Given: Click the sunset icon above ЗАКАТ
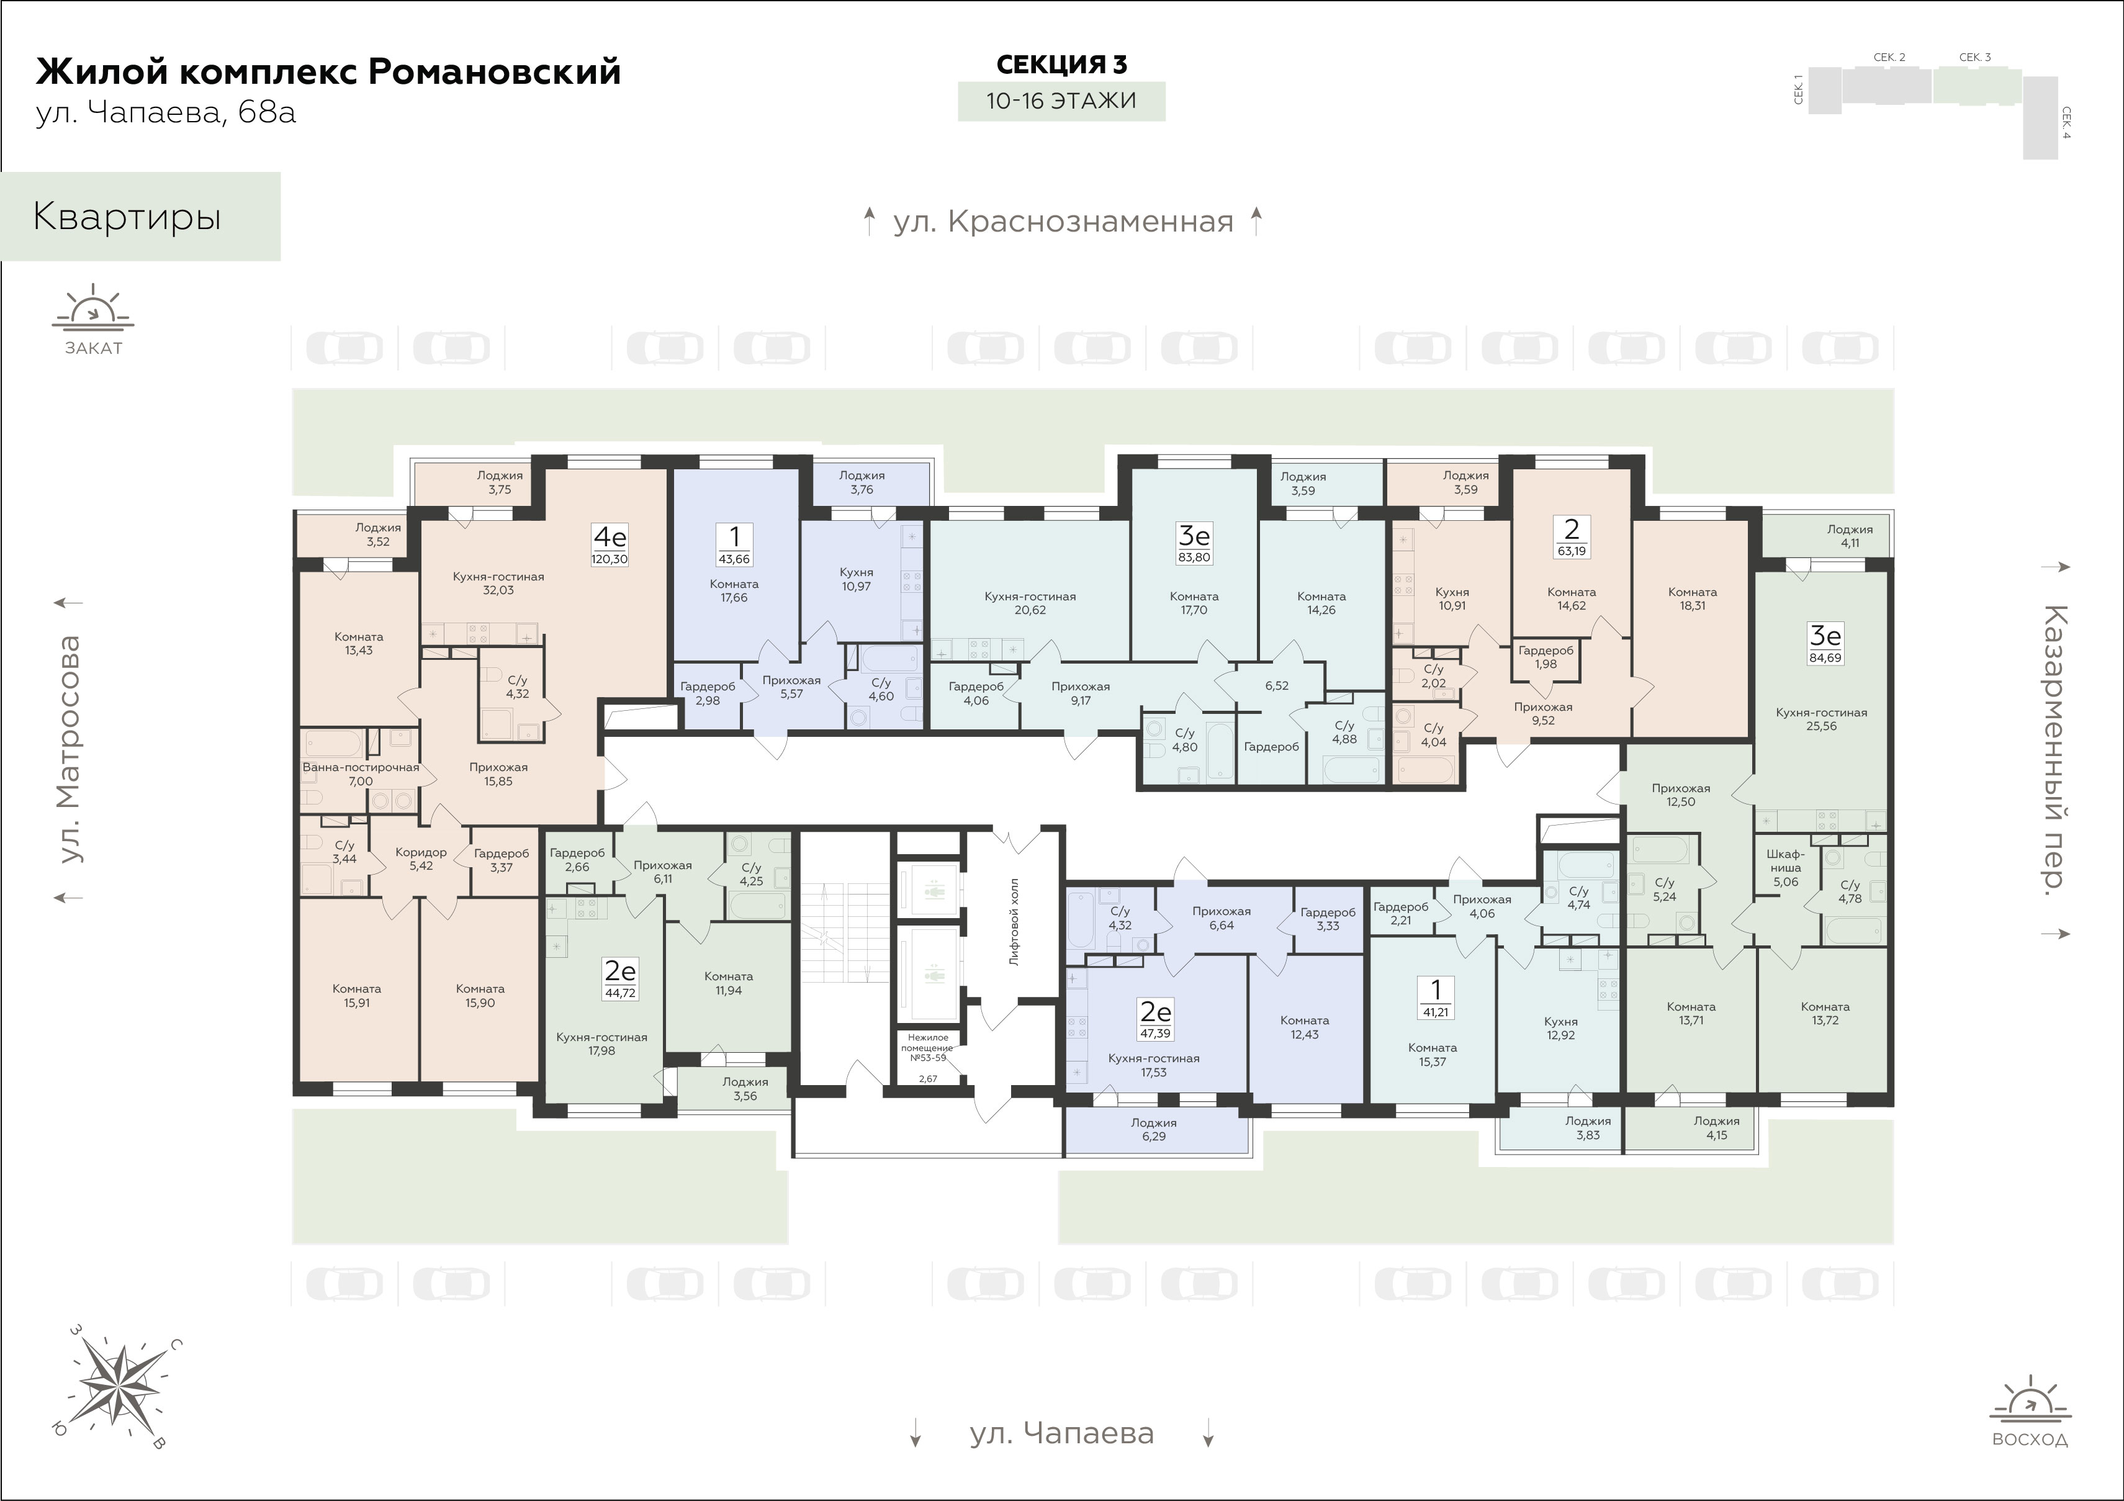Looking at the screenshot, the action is point(92,309).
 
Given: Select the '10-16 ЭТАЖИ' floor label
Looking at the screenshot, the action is point(1061,101).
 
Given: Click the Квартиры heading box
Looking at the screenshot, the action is point(141,217).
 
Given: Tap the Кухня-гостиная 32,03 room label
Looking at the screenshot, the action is point(498,583).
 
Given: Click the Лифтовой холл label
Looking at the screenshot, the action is point(1015,922).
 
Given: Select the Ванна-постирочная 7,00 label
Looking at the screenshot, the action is point(361,773).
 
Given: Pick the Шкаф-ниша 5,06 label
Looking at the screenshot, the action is point(1786,868).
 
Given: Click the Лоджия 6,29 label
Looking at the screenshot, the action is point(1154,1129).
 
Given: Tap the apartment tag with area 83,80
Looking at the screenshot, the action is point(1194,543).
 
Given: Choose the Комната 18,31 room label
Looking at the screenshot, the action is point(1693,599).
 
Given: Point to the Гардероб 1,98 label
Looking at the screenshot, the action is point(1546,657).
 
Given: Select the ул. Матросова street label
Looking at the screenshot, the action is point(68,750).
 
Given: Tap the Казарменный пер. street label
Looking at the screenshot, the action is point(2056,750).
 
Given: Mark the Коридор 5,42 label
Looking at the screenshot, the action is point(421,859).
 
